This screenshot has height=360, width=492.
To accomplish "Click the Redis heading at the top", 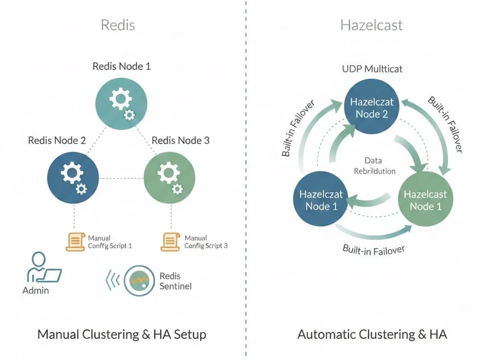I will click(118, 25).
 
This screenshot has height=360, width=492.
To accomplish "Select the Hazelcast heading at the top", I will click(372, 25).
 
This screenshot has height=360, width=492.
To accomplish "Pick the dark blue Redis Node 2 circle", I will click(73, 178).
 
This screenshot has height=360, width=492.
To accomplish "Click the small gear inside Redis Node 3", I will click(177, 189).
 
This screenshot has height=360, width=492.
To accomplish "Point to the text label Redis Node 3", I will click(180, 141).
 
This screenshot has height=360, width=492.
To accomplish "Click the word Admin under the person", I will click(36, 290).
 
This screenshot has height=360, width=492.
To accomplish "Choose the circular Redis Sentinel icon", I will click(139, 281).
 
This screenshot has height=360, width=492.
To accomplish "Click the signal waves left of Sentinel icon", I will click(112, 281).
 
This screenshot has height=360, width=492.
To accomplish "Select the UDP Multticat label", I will click(371, 69).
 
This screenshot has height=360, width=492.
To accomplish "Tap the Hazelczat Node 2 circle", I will click(371, 108).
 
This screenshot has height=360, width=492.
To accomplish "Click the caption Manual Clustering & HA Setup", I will click(121, 334).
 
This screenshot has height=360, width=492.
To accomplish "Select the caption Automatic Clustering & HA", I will click(372, 334).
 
